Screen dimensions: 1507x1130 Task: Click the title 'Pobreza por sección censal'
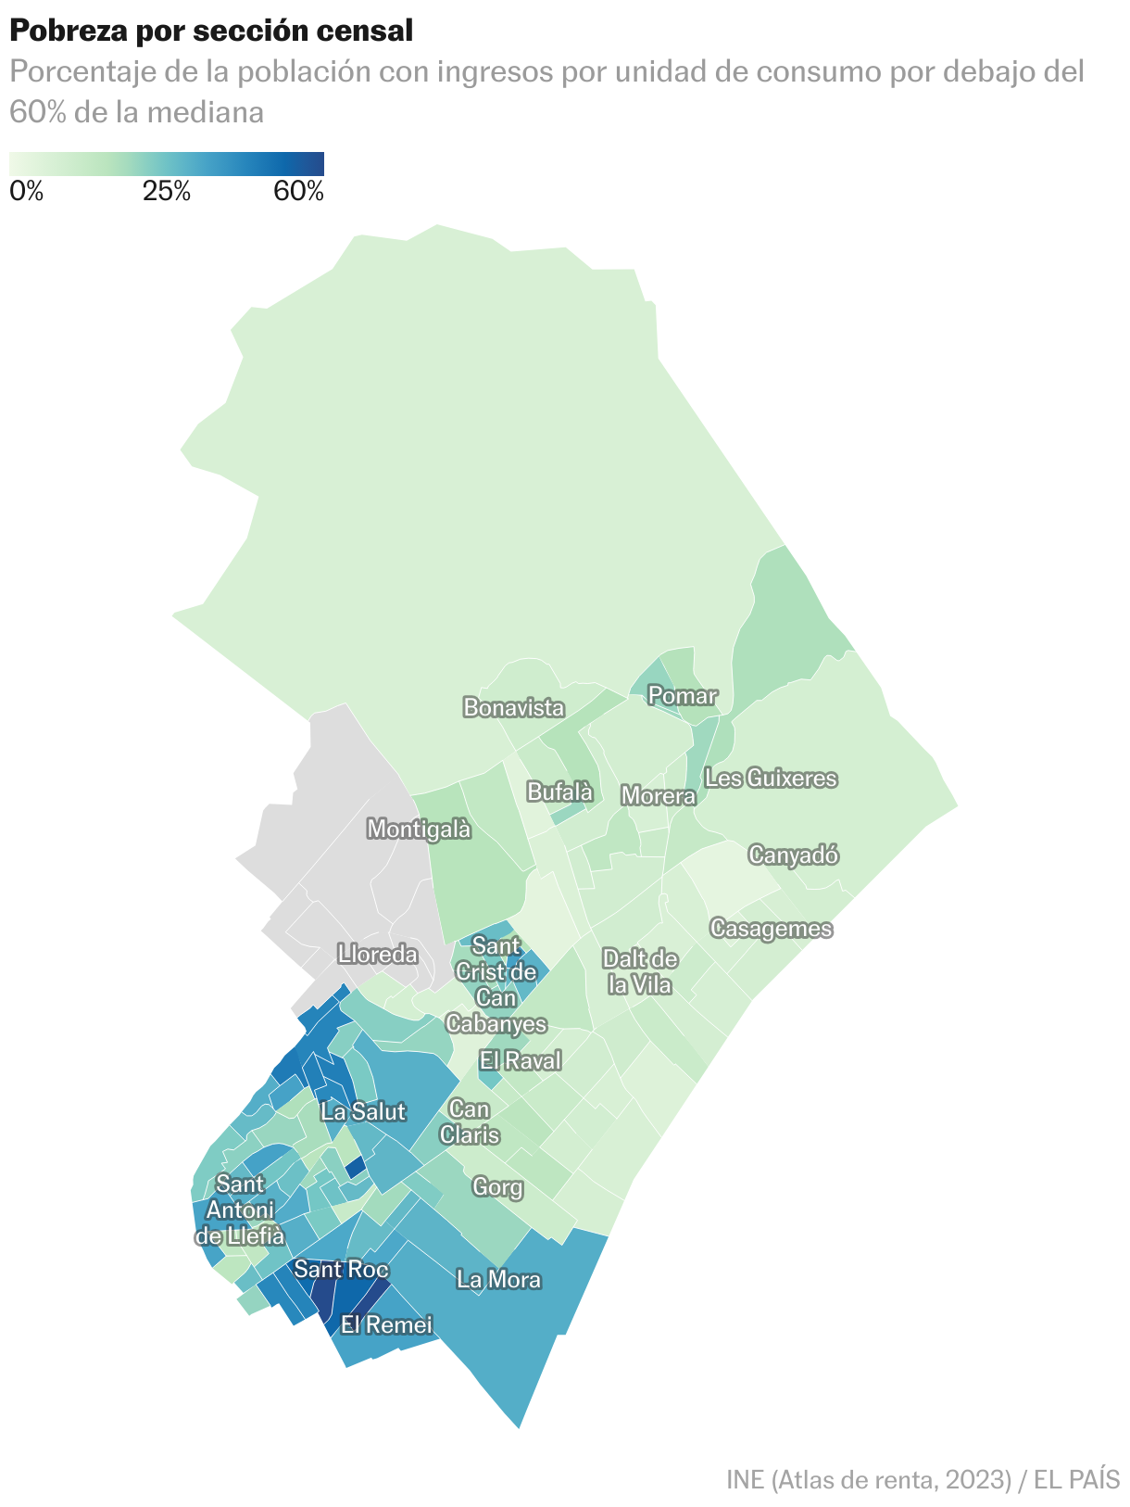[211, 31]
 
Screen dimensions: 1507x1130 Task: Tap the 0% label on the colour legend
[27, 193]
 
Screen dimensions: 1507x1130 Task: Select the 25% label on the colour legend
[167, 193]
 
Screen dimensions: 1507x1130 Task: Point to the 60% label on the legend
[298, 193]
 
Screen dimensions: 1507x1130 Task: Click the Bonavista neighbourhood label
[514, 708]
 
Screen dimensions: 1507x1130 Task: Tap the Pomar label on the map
[683, 695]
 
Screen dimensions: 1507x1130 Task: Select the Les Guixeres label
[771, 778]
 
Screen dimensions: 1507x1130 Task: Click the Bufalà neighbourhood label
[559, 791]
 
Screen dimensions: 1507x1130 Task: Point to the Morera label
[658, 795]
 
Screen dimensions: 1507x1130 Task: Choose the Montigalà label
[419, 829]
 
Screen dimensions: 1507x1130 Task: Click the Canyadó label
[793, 855]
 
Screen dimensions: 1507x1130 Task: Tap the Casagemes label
[771, 928]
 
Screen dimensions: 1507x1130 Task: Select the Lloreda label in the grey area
[377, 954]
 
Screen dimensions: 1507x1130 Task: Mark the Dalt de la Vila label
[640, 971]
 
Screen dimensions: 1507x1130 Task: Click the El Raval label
[520, 1060]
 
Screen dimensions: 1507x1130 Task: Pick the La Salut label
[363, 1110]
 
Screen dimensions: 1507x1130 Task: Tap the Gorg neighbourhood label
[497, 1186]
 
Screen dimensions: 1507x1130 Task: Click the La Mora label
[498, 1280]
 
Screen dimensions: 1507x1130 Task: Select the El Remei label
[386, 1324]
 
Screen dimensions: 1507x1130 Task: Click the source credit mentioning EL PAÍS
[923, 1478]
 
